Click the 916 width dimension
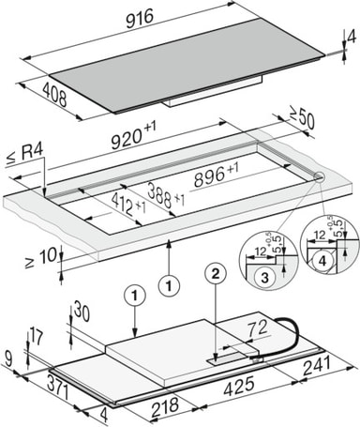[x=140, y=19]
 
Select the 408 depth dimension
[x=54, y=94]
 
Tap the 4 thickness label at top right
[x=352, y=38]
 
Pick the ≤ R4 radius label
[x=24, y=155]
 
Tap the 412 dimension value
[x=128, y=204]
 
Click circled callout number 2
[x=216, y=274]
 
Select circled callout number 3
[x=264, y=278]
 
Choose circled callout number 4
[x=322, y=261]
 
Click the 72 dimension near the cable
[x=258, y=328]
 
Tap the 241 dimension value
[x=317, y=366]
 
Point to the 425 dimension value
[x=239, y=386]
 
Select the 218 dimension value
[x=165, y=406]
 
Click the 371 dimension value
[x=58, y=388]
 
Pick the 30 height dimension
[x=82, y=313]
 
